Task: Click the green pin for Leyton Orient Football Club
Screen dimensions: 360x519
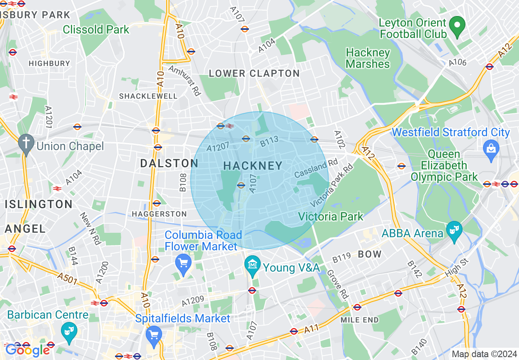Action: [x=457, y=25]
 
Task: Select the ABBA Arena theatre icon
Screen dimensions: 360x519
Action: [x=454, y=232]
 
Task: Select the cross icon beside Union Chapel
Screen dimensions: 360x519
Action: [x=27, y=144]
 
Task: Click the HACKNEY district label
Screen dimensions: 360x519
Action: [x=253, y=166]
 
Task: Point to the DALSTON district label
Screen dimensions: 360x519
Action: [x=169, y=163]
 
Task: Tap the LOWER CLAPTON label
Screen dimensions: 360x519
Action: [x=254, y=74]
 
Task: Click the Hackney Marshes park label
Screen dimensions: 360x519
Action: [x=368, y=58]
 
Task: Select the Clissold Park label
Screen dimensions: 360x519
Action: [x=96, y=29]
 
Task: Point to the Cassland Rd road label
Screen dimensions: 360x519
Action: [x=316, y=169]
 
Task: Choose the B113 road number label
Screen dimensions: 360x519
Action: [x=269, y=141]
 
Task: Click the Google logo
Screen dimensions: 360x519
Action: [x=27, y=350]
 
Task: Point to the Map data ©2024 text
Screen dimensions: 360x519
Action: [x=484, y=354]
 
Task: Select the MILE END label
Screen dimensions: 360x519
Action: [x=359, y=319]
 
